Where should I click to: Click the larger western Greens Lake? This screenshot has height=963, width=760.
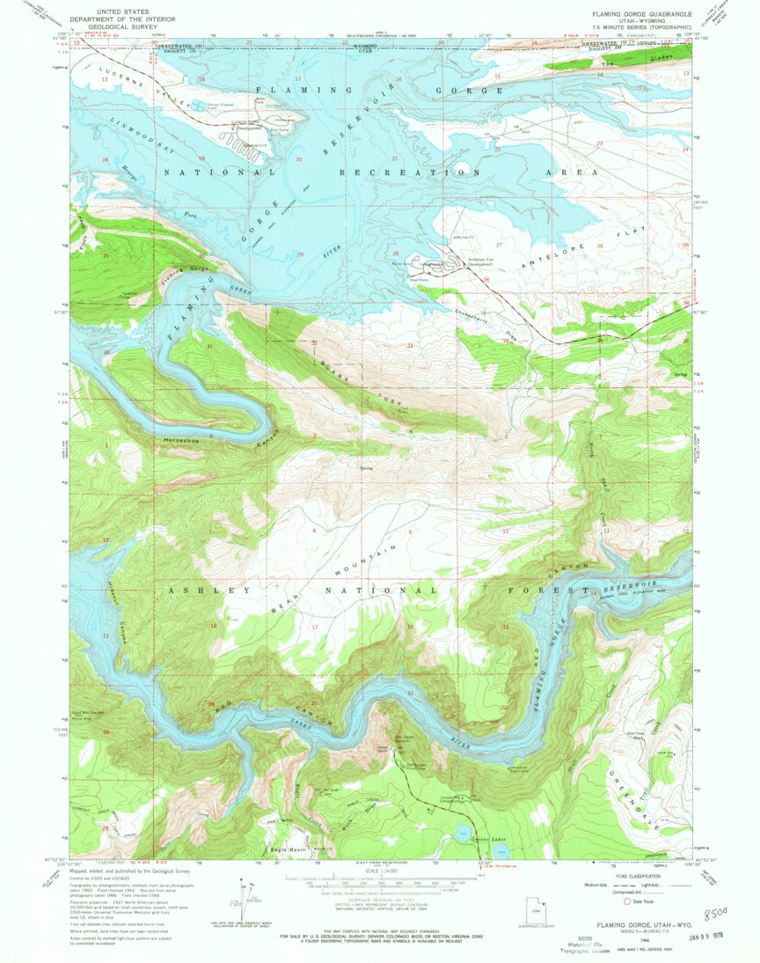point(464,834)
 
